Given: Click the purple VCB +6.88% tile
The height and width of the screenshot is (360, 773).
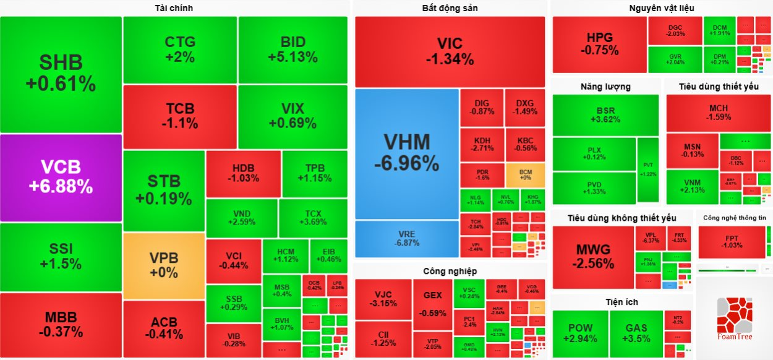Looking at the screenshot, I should pyautogui.click(x=61, y=177).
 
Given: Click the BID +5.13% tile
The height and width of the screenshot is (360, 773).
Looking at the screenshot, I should pyautogui.click(x=293, y=49).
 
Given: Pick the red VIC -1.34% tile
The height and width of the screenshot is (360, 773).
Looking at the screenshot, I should pyautogui.click(x=450, y=51).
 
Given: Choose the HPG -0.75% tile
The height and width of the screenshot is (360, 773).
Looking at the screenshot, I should pyautogui.click(x=599, y=45).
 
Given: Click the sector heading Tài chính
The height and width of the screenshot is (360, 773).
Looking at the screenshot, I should pyautogui.click(x=174, y=8).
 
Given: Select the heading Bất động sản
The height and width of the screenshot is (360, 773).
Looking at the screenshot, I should pyautogui.click(x=450, y=8).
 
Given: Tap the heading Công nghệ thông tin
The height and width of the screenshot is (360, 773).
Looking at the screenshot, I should pyautogui.click(x=734, y=218).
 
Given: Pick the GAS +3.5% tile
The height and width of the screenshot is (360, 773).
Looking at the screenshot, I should pyautogui.click(x=636, y=333).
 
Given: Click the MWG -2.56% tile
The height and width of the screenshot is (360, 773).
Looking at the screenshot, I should pyautogui.click(x=593, y=257).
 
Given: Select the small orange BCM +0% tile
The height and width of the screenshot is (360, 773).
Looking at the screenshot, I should pyautogui.click(x=525, y=175).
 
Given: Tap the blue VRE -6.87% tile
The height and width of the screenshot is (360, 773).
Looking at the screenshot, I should pyautogui.click(x=406, y=239).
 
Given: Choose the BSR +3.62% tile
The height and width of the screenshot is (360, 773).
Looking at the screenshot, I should pyautogui.click(x=605, y=115).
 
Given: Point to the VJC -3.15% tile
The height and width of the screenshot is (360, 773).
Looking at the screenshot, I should pyautogui.click(x=383, y=299).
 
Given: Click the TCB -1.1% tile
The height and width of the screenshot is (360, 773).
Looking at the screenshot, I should pyautogui.click(x=180, y=116).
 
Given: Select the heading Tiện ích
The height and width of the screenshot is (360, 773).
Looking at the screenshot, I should pyautogui.click(x=621, y=302).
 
